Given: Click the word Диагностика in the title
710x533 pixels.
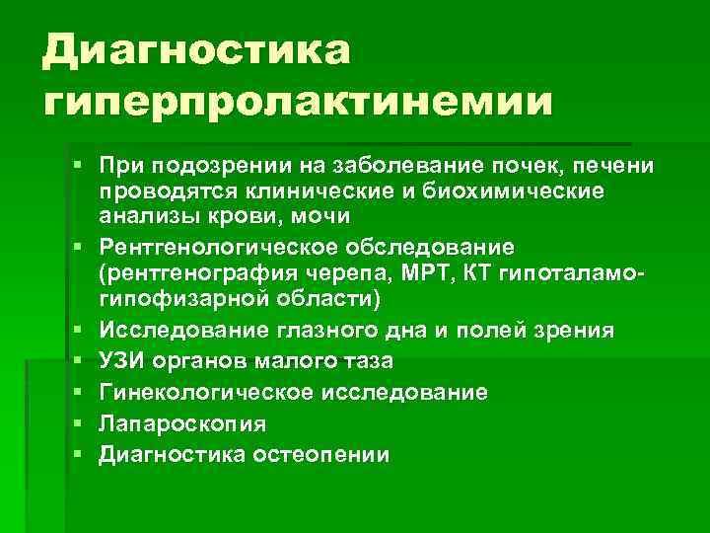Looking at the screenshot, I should tap(196, 49).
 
